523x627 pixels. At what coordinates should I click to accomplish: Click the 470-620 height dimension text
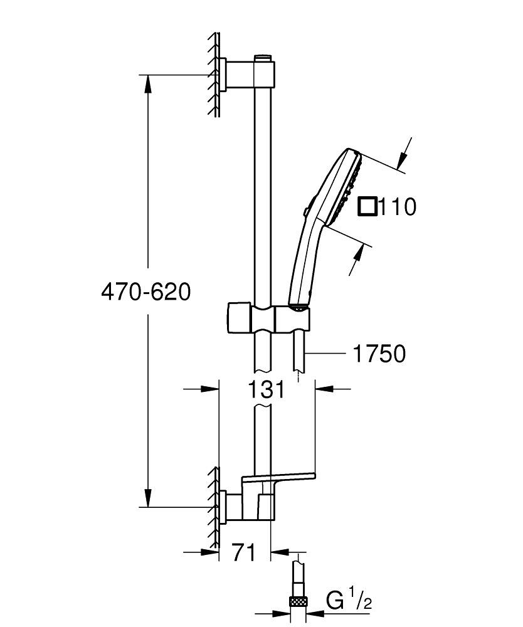coord(145,292)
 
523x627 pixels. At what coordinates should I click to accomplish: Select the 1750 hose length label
coord(379,354)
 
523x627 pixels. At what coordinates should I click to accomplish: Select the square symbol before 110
coord(367,206)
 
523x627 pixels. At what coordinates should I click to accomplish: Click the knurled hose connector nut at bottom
coord(298,603)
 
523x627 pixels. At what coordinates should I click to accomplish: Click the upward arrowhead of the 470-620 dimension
coord(148,82)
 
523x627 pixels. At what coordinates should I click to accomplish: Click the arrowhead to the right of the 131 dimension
coord(322,389)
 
